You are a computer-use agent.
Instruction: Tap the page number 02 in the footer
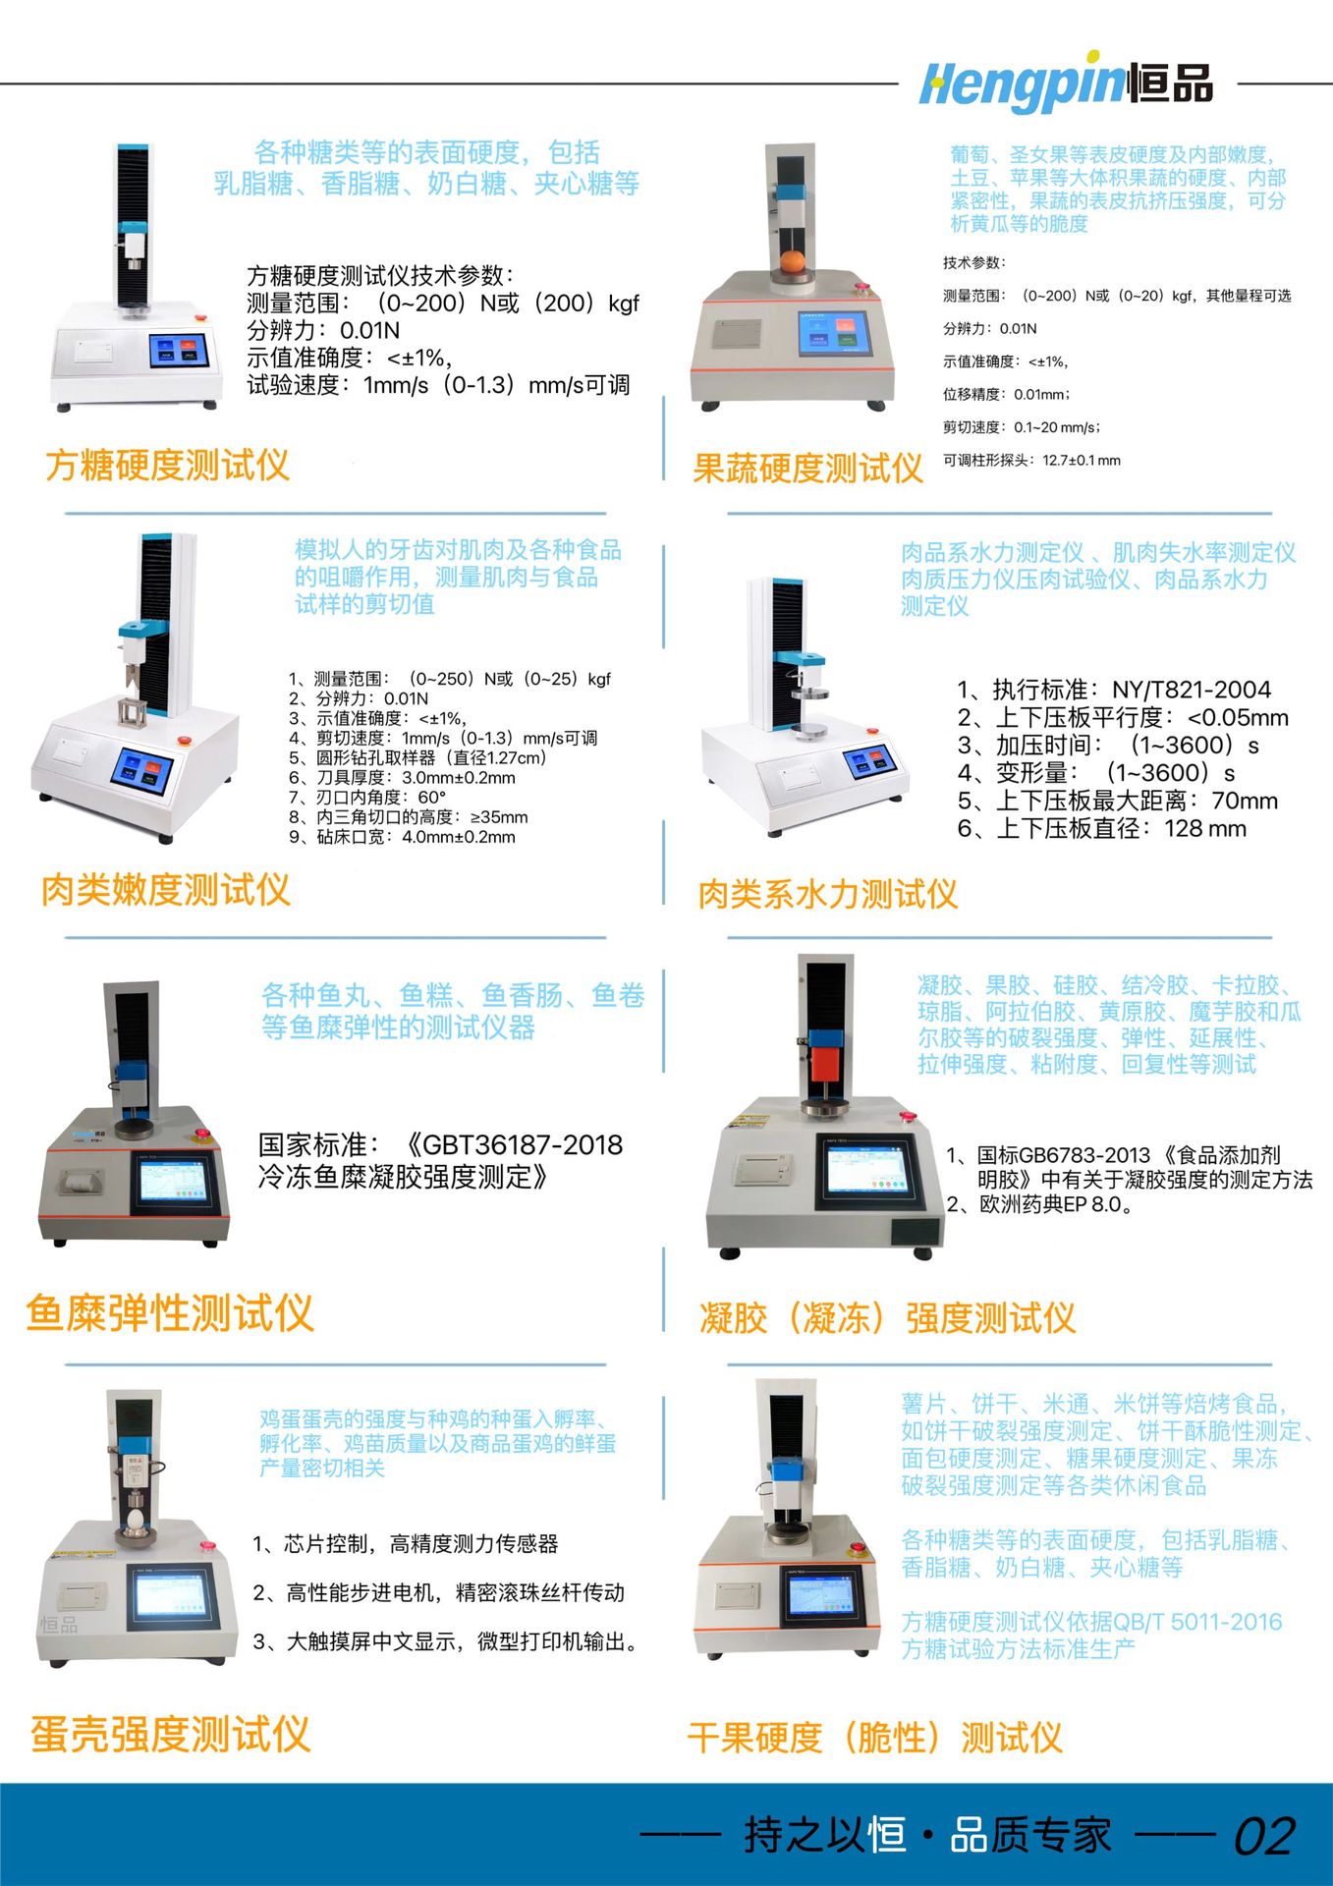pos(1264,1836)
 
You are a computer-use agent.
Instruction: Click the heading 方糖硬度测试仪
pos(167,465)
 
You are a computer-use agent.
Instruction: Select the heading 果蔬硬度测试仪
pos(807,469)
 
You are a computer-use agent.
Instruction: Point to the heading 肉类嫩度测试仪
pos(165,890)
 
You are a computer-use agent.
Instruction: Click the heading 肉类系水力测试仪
pos(827,894)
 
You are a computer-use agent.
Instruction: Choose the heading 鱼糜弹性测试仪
pos(169,1313)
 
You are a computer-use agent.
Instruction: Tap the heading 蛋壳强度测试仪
pos(170,1734)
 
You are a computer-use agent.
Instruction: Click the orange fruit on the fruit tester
pos(793,262)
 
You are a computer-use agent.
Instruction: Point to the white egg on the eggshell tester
pos(136,1518)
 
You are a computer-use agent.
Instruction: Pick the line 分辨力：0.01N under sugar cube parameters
pos(323,330)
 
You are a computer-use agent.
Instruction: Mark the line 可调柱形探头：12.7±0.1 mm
pos(1031,460)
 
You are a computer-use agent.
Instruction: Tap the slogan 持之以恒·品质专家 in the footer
pos(927,1835)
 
